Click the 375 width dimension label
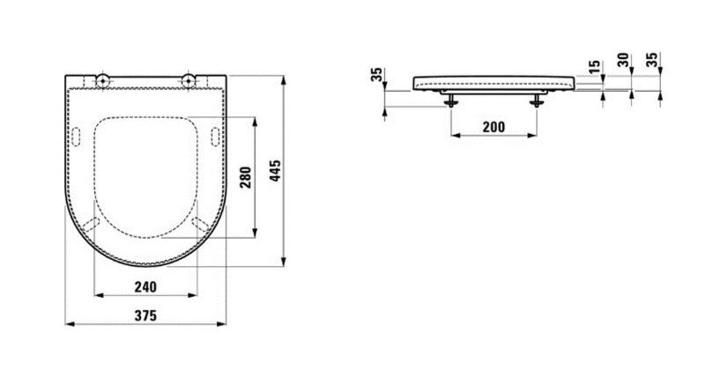pos(146,316)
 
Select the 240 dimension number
pos(146,287)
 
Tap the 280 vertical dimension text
pos(245,177)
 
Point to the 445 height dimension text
pos(275,170)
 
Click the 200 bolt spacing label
pos(494,127)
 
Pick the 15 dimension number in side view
pos(594,67)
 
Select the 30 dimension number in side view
pos(624,60)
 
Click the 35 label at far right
pos(652,60)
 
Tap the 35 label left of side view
pos(376,74)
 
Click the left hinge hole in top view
pos(103,81)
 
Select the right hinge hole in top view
pos(189,81)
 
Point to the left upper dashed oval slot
pos(76,136)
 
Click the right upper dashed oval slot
pos(215,136)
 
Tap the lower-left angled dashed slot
pos(91,224)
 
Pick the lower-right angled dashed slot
pos(201,224)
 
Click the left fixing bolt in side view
pos(451,101)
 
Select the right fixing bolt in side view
pos(537,101)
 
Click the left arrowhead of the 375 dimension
pos(70,323)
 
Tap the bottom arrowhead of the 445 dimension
pos(283,262)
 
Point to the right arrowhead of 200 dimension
pos(533,135)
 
